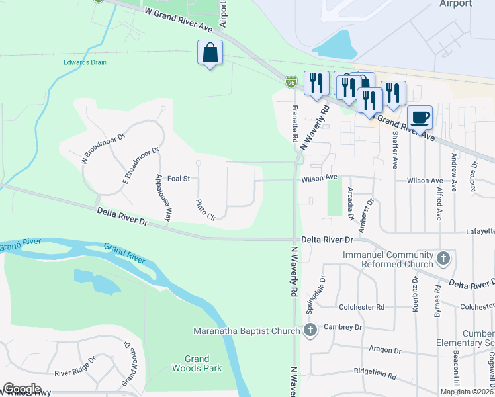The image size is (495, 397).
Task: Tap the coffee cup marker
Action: (420, 118)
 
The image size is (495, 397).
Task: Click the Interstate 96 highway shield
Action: (291, 81)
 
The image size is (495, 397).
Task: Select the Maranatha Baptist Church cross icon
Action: (309, 330)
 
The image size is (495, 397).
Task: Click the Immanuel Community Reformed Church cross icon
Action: (443, 258)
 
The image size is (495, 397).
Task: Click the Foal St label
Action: (179, 179)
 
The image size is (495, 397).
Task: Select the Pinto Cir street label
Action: (206, 209)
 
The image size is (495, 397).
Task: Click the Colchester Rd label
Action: (362, 307)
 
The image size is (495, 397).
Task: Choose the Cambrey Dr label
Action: (343, 328)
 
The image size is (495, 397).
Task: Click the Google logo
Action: (22, 390)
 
